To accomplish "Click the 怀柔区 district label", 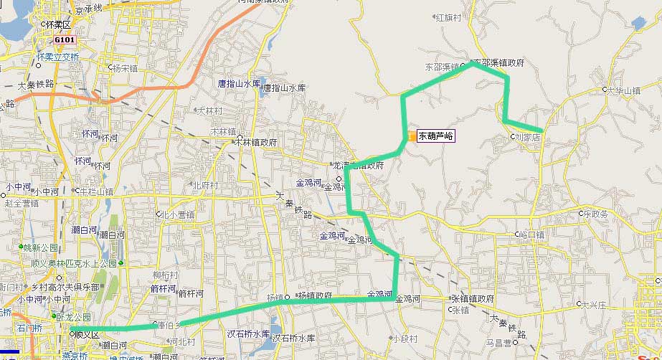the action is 58,24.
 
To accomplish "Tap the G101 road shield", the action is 64,39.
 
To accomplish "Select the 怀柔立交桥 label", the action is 57,57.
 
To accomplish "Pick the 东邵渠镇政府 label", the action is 498,62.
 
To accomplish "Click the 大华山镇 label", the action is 623,91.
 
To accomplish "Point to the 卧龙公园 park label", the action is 77,316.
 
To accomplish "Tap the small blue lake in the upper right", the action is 638,23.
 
